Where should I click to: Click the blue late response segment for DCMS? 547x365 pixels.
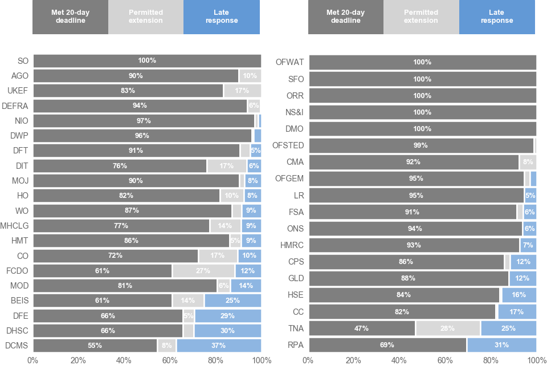pyautogui.click(x=219, y=345)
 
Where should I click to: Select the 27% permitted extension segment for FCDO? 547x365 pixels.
pyautogui.click(x=203, y=271)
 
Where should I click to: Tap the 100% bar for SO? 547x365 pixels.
pyautogui.click(x=147, y=60)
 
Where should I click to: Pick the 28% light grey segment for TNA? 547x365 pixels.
pyautogui.click(x=448, y=328)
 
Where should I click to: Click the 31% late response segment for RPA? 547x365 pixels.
pyautogui.click(x=501, y=345)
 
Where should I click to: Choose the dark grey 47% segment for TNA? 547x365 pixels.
pyautogui.click(x=362, y=328)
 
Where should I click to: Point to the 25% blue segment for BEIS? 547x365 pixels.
pyautogui.click(x=232, y=301)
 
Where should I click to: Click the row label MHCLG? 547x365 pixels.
pyautogui.click(x=15, y=226)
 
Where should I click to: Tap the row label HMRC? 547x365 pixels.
pyautogui.click(x=292, y=245)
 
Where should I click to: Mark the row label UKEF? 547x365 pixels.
pyautogui.click(x=18, y=90)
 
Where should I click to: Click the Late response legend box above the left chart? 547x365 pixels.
pyautogui.click(x=222, y=17)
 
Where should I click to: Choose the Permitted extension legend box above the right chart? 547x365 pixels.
pyautogui.click(x=421, y=17)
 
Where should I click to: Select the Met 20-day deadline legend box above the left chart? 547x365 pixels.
pyautogui.click(x=70, y=17)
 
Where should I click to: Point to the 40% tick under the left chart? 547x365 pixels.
pyautogui.click(x=124, y=360)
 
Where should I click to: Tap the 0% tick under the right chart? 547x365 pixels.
pyautogui.click(x=308, y=360)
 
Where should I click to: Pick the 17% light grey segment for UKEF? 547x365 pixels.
pyautogui.click(x=242, y=90)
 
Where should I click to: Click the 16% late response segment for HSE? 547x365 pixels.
pyautogui.click(x=519, y=295)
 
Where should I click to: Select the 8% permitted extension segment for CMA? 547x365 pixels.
pyautogui.click(x=528, y=162)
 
